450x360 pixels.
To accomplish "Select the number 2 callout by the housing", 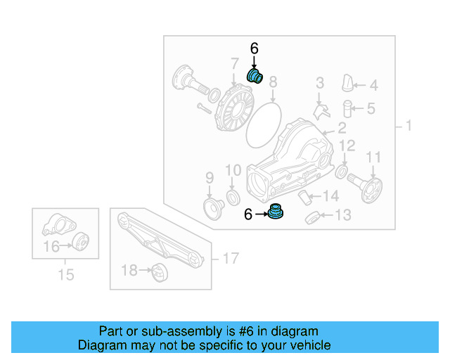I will [342, 128].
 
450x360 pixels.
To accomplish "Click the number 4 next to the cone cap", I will [373, 86].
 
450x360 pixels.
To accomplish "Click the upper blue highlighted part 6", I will [254, 76].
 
